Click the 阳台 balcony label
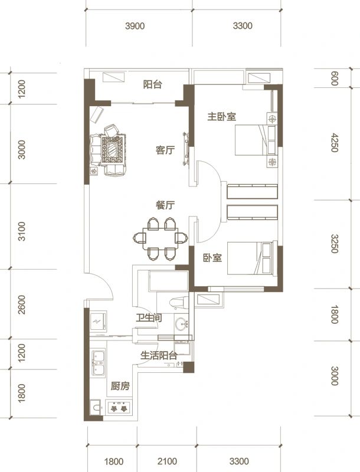pyautogui.click(x=153, y=84)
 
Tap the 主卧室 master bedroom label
pyautogui.click(x=221, y=117)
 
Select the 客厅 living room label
pyautogui.click(x=165, y=150)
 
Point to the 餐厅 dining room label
pyautogui.click(x=165, y=205)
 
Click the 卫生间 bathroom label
pyautogui.click(x=149, y=319)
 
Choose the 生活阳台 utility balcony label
pyautogui.click(x=159, y=356)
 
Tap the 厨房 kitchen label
pyautogui.click(x=120, y=386)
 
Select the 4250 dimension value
pyautogui.click(x=335, y=143)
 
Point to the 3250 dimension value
pyautogui.click(x=335, y=244)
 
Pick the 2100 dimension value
pyautogui.click(x=168, y=461)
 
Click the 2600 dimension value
pyautogui.click(x=22, y=305)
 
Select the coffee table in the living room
pyautogui.click(x=112, y=151)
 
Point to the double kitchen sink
pyautogui.click(x=99, y=363)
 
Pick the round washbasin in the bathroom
pyautogui.click(x=182, y=324)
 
